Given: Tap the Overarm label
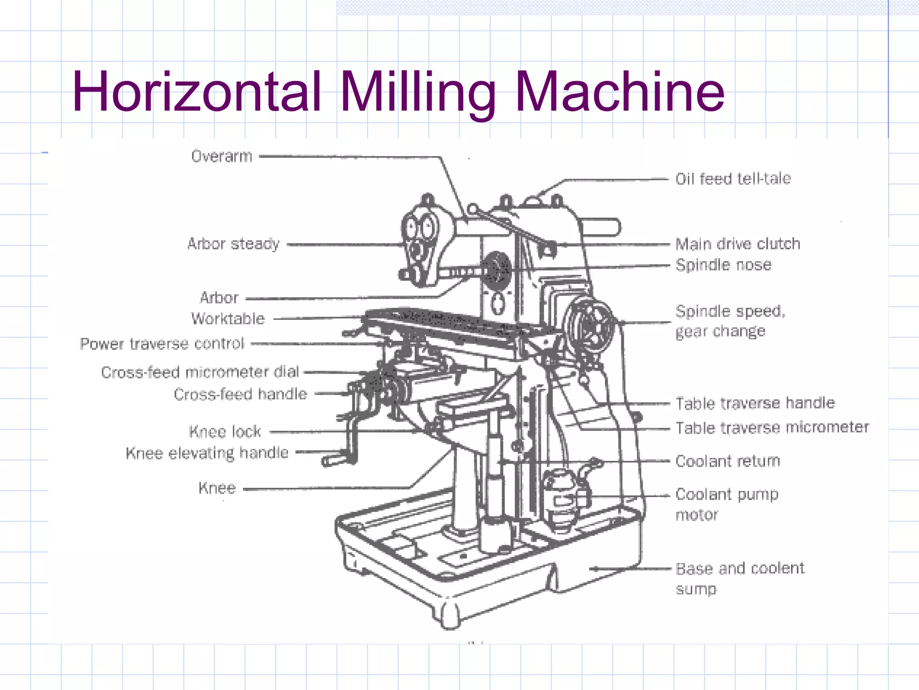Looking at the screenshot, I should click(222, 156).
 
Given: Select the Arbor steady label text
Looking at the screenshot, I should click(233, 244).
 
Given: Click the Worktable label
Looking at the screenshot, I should click(228, 318).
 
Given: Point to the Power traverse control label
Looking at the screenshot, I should click(162, 344).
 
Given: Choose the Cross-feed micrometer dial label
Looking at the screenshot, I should click(200, 372).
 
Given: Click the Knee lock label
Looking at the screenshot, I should click(225, 431).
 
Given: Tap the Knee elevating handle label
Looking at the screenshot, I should click(207, 453).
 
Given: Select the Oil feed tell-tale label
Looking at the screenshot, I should click(733, 179).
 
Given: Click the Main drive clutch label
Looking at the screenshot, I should click(738, 244).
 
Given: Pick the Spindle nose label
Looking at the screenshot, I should click(723, 265).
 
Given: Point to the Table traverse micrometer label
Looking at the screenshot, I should click(772, 427).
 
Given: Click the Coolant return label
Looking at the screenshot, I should click(728, 461).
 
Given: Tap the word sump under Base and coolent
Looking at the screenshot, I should click(696, 589).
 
